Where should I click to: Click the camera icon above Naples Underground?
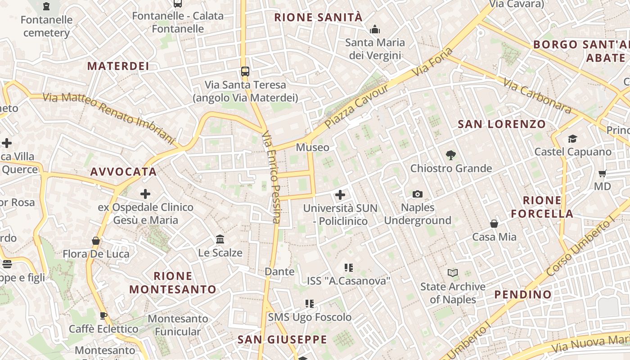coord(418,194)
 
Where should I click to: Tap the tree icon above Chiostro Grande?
coord(450,155)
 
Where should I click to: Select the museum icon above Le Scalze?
coord(220,239)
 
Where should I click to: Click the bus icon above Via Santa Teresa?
coord(245,71)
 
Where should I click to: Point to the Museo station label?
coord(312,147)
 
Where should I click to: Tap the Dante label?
coord(279,271)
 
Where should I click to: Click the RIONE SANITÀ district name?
coord(318,18)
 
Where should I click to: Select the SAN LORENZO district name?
coord(501,124)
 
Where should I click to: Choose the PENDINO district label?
coord(523,295)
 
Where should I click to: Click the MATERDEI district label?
coord(118,66)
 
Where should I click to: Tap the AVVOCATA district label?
coord(123,171)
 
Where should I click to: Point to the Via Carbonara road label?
coord(537,97)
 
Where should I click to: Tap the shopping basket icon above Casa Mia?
coord(494,224)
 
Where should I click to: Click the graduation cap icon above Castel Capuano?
coord(572,139)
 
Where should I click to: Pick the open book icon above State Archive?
coord(453,273)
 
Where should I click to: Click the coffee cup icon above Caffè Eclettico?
coord(103,315)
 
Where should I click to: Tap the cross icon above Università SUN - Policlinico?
coord(340,195)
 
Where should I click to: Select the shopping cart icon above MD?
coord(603,173)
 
